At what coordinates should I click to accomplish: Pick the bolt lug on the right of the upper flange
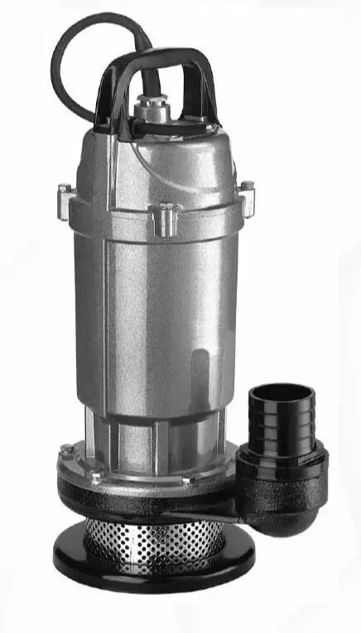[247, 195]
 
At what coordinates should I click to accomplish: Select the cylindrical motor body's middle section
[149, 314]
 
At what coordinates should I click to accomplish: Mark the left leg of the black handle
[106, 103]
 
